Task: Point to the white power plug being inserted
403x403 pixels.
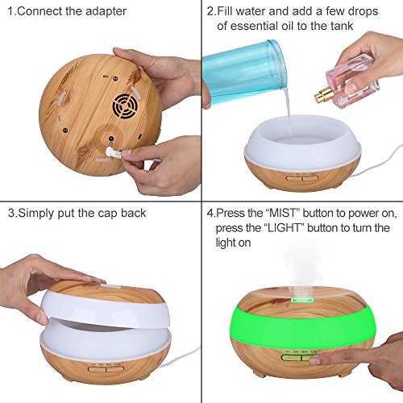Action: (x=114, y=153)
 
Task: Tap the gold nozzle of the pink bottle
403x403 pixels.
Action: (x=322, y=96)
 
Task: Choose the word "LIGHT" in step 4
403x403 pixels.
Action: (x=284, y=228)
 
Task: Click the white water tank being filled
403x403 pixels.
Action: (x=303, y=139)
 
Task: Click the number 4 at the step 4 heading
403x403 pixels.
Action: (x=210, y=214)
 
